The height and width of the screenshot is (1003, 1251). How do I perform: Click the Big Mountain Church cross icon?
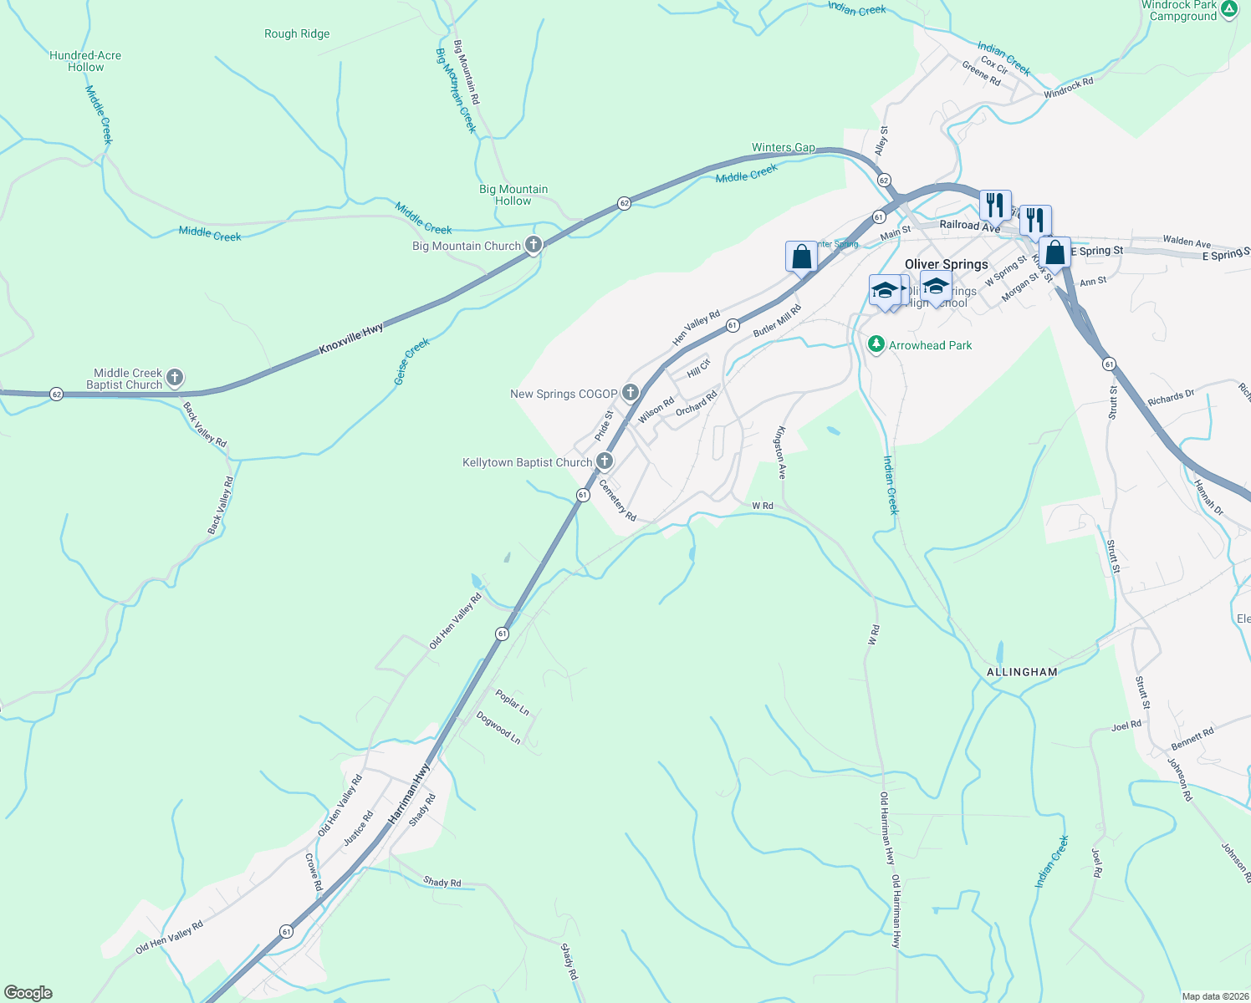click(x=534, y=245)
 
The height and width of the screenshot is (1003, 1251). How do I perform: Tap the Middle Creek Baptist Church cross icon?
click(x=175, y=378)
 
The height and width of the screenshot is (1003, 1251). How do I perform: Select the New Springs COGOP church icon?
click(x=631, y=393)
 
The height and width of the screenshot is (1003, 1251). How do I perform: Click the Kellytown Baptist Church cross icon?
click(x=604, y=461)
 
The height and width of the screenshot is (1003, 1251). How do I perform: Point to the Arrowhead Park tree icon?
click(x=876, y=344)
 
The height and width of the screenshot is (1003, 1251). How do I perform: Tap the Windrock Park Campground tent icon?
click(x=1228, y=10)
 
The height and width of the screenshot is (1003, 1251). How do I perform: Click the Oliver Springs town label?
click(x=947, y=264)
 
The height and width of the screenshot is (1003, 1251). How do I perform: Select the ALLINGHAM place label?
click(x=1022, y=672)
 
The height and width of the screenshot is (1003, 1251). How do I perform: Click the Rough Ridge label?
click(x=297, y=34)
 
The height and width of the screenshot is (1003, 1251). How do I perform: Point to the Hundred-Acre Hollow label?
click(x=85, y=61)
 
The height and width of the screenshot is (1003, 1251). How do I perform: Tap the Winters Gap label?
click(x=783, y=148)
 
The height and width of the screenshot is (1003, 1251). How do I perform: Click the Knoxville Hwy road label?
click(x=351, y=339)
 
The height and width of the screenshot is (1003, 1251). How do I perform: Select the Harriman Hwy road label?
click(x=409, y=795)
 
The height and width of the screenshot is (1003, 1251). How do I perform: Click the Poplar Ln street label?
click(x=512, y=702)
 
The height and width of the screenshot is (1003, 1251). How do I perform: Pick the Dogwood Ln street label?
click(x=498, y=727)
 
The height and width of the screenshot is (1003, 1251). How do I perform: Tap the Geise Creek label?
click(x=411, y=361)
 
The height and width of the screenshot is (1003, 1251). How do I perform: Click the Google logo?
click(x=28, y=993)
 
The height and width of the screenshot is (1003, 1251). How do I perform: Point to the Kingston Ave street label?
click(x=780, y=453)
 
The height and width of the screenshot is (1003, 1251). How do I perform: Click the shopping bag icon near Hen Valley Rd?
click(x=801, y=257)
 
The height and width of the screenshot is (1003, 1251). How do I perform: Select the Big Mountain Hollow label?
click(x=513, y=195)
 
